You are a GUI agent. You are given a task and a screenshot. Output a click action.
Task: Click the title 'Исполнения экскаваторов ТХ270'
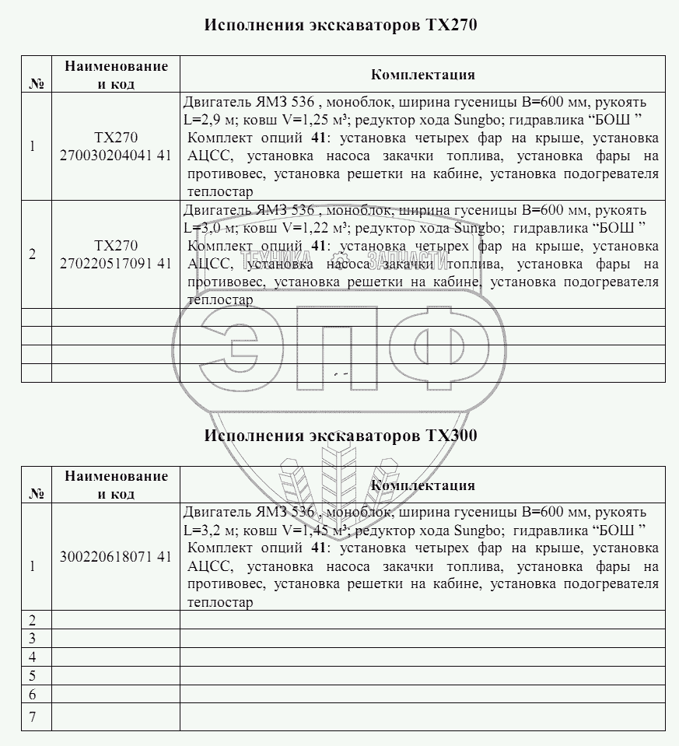click(340, 25)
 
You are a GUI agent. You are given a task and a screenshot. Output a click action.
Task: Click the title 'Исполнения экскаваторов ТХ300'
click(340, 436)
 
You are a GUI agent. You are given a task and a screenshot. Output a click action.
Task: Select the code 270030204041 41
click(115, 155)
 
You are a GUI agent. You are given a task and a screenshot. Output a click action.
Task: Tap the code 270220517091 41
click(115, 263)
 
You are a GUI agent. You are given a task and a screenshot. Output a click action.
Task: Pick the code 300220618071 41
click(115, 556)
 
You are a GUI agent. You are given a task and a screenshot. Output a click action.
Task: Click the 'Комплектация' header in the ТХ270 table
click(422, 75)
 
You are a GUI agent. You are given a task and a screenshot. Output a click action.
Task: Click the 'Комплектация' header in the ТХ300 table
click(422, 485)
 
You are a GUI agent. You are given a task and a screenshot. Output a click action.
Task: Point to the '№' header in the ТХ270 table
click(36, 84)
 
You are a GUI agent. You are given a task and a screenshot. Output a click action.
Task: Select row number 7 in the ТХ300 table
click(33, 716)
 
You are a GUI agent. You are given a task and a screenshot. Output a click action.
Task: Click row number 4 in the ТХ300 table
click(33, 657)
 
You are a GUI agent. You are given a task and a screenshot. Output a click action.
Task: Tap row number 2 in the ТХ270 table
click(32, 254)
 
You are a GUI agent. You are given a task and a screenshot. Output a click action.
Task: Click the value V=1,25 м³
click(309, 120)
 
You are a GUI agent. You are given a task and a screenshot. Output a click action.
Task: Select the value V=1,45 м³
click(309, 531)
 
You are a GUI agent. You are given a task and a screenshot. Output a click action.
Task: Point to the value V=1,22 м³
click(309, 228)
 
